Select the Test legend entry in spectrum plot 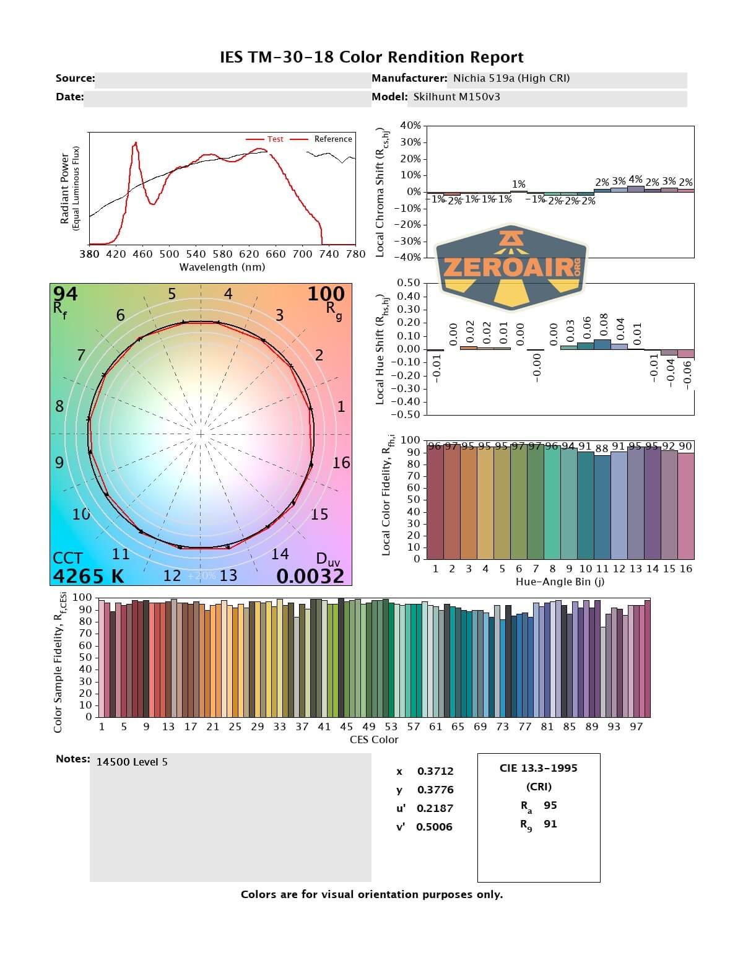pos(275,139)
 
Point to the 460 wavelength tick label pos(142,254)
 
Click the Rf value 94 pos(65,294)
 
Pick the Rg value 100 pos(326,294)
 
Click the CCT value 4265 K pos(89,576)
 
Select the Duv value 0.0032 pos(310,576)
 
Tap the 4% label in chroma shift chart pos(635,180)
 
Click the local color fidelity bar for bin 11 pos(602,507)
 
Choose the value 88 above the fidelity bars pos(602,448)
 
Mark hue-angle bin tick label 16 pos(685,569)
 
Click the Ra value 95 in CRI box pos(550,805)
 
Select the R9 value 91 pos(550,824)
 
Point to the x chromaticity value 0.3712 pos(435,771)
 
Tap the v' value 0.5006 pos(434,827)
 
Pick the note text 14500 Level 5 pos(132,762)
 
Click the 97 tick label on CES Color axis pos(636,727)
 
